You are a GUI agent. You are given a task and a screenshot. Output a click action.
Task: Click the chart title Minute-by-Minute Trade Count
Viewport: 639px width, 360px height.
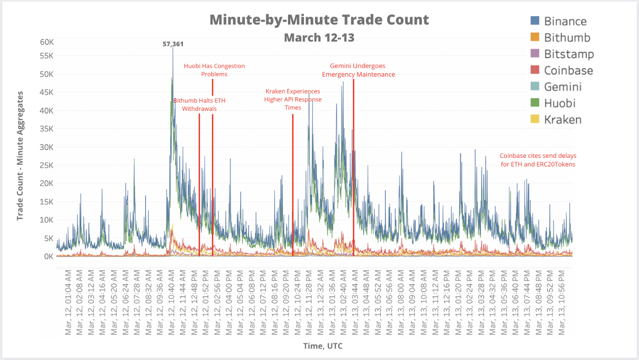tap(319, 20)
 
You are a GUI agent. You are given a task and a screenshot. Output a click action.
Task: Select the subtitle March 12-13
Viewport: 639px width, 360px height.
tap(319, 37)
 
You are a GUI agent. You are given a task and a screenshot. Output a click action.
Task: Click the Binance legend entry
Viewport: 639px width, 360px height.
tap(565, 21)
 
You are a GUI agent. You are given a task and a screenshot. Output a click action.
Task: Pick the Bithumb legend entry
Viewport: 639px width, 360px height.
tap(567, 37)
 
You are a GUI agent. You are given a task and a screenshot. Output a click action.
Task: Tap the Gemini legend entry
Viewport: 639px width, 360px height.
tap(563, 87)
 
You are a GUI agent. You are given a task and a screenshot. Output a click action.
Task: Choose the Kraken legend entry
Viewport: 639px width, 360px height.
tap(563, 120)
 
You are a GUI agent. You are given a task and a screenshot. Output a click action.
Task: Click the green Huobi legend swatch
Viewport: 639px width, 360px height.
tap(535, 103)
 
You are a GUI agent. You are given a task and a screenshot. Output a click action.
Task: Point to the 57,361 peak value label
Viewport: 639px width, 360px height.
tap(173, 44)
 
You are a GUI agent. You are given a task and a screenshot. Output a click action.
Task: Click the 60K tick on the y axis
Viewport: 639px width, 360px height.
tap(47, 42)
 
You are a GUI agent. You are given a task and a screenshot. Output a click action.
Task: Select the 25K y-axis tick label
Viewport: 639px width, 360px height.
tap(47, 165)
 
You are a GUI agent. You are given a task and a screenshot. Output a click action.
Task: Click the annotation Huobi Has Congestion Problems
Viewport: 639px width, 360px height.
tap(214, 70)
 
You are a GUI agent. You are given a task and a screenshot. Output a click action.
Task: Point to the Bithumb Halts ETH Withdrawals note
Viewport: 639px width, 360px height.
tap(199, 104)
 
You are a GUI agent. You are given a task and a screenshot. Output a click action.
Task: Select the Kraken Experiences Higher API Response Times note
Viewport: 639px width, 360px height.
tap(293, 99)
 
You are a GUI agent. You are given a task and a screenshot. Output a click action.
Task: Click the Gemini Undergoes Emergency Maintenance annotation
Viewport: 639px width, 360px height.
tap(358, 70)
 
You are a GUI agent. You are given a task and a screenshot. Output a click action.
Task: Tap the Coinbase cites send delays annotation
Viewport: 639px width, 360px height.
tap(537, 160)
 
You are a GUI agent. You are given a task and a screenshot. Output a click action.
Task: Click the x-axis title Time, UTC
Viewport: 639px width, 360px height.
tap(323, 346)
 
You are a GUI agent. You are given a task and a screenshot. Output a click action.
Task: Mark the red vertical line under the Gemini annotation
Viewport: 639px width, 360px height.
tap(353, 160)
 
